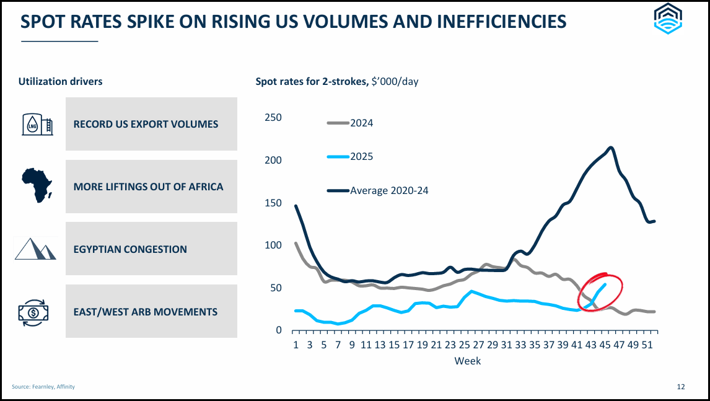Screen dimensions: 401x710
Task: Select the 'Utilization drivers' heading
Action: [61, 81]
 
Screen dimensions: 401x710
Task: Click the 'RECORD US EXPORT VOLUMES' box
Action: [151, 124]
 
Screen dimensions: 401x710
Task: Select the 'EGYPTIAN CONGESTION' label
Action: [130, 249]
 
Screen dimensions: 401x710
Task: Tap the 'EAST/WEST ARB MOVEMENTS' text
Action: [146, 312]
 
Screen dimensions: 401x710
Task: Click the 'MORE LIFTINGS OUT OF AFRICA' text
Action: [148, 187]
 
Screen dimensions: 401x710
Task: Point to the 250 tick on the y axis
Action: [273, 118]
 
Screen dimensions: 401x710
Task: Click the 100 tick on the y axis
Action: [273, 245]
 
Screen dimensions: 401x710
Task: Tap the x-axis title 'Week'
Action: [467, 361]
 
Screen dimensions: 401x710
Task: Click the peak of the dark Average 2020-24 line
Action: [611, 148]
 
